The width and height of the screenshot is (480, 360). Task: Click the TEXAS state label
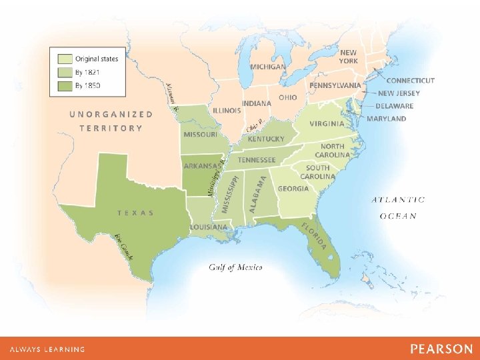tap(135, 213)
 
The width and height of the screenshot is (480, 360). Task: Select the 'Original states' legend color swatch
tap(65, 59)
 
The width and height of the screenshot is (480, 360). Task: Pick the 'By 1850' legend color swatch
tap(65, 85)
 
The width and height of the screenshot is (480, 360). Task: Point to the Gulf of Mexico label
tap(235, 267)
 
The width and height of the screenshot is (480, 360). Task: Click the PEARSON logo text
tap(441, 349)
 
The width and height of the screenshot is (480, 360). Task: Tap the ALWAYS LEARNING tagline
tap(47, 349)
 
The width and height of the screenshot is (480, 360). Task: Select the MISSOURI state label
tap(200, 134)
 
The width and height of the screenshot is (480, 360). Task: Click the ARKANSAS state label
tap(201, 166)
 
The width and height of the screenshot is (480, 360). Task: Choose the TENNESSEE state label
tap(257, 160)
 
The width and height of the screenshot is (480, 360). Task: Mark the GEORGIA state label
tap(293, 189)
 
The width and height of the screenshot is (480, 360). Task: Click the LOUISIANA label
tap(208, 227)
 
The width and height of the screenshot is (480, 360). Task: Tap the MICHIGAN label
tap(268, 67)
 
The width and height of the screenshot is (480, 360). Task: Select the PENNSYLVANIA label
tap(335, 85)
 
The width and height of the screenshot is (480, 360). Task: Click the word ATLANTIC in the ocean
tap(398, 199)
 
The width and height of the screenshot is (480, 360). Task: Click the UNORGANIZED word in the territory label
tap(111, 114)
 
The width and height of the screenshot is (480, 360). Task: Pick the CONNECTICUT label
tap(410, 81)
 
